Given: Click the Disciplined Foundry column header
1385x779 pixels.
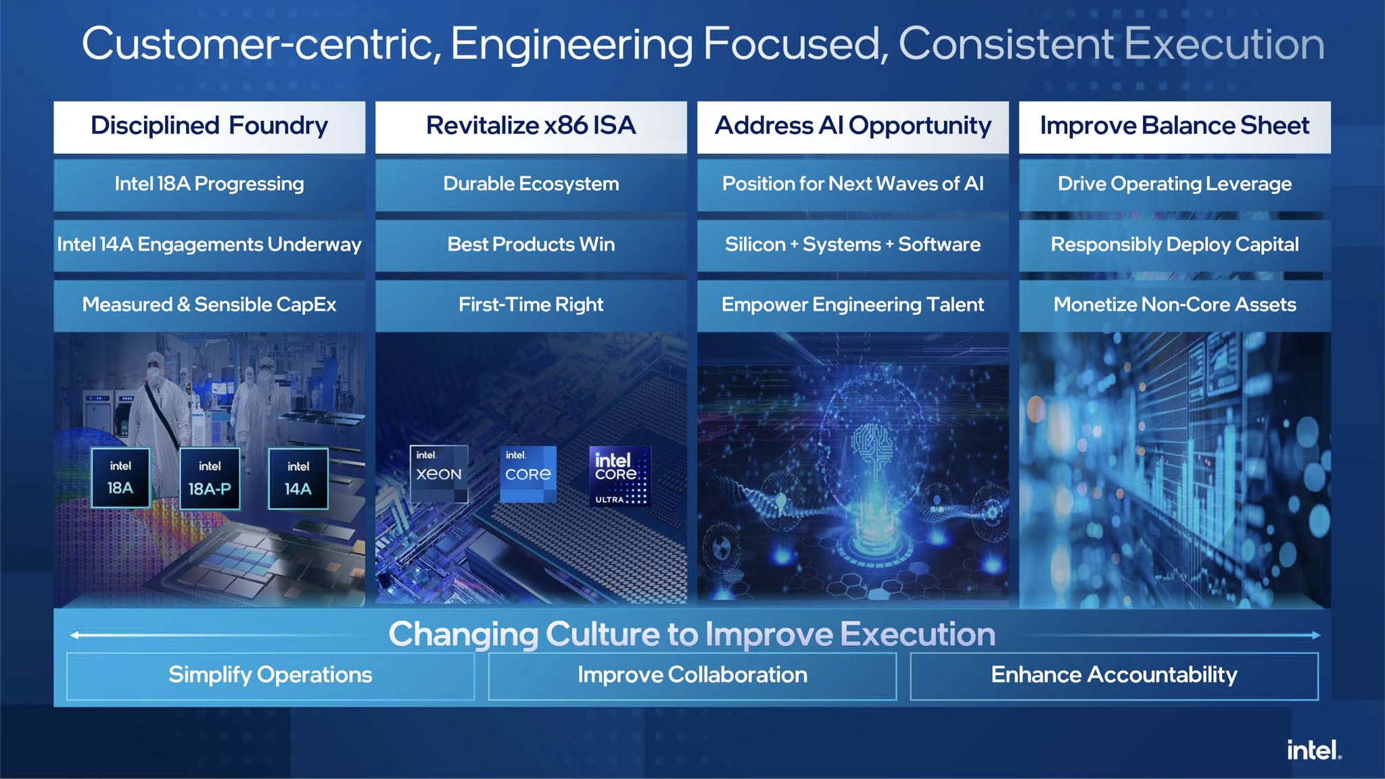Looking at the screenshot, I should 209,126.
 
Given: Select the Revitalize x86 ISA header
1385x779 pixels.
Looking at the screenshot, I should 531,126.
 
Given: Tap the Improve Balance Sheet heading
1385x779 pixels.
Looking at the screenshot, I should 1175,126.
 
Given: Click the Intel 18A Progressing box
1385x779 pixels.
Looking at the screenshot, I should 209,184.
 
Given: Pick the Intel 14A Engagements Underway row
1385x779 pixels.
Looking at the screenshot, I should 209,245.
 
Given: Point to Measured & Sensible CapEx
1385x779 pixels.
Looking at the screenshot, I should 209,305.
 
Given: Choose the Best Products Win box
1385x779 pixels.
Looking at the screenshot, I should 531,245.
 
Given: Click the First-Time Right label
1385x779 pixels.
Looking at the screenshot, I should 531,305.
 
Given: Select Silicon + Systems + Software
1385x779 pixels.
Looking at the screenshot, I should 853,245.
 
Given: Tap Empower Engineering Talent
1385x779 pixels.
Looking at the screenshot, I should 853,305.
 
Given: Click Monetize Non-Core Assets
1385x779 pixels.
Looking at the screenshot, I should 1175,305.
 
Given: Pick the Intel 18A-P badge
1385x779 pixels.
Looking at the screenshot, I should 210,478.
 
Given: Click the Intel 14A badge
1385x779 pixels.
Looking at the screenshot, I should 298,478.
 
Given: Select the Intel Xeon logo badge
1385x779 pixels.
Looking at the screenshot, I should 439,474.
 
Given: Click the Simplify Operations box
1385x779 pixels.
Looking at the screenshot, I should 271,675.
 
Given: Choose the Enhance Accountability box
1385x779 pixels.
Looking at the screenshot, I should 1114,675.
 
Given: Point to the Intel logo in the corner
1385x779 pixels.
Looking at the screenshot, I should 1313,750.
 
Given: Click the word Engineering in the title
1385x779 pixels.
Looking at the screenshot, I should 571,45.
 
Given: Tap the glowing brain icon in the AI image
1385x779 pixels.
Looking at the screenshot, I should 873,447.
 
